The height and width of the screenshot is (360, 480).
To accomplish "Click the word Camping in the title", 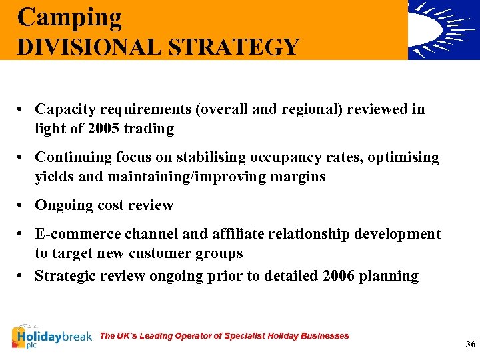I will point(70,17).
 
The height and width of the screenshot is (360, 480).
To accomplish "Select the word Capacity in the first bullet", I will point(63,109).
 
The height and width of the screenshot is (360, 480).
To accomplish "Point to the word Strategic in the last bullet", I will point(64,276).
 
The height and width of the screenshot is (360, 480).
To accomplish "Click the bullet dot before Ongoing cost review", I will point(22,205).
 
